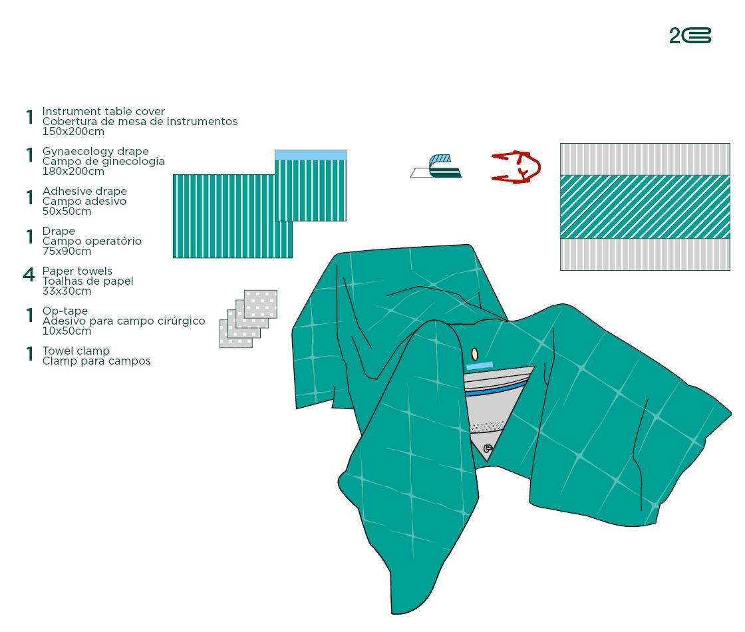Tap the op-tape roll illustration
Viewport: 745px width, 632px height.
coord(436,166)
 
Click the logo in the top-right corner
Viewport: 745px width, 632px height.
coord(690,36)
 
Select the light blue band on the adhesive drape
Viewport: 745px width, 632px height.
coord(311,156)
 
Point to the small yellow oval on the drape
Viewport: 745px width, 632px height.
coord(474,354)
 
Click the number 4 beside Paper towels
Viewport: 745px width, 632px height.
coord(29,275)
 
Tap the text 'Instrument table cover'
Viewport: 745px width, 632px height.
coord(104,111)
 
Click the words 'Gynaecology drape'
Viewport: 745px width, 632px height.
coord(96,151)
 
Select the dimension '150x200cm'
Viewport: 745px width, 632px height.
coord(73,132)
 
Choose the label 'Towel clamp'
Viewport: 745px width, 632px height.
coord(76,351)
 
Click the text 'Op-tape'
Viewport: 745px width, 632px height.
coord(65,311)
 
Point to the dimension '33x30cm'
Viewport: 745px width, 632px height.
coord(67,291)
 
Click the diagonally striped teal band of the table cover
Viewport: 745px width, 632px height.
coord(645,207)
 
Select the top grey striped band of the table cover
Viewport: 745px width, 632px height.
coord(645,159)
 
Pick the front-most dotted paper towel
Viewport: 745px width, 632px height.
coord(236,333)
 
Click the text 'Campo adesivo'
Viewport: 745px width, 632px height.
coord(84,202)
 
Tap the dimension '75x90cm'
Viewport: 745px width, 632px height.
coord(67,251)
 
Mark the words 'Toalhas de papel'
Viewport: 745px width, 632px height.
coord(88,281)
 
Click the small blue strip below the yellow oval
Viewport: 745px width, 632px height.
coord(480,365)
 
